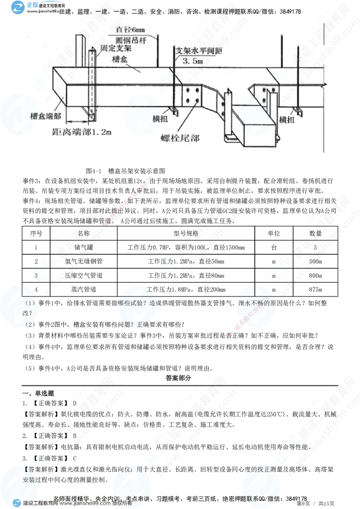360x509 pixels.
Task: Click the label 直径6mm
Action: tap(128, 29)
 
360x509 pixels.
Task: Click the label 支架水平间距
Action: tap(194, 50)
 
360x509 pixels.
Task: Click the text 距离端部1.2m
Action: tap(81, 132)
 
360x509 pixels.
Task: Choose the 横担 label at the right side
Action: tap(287, 119)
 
